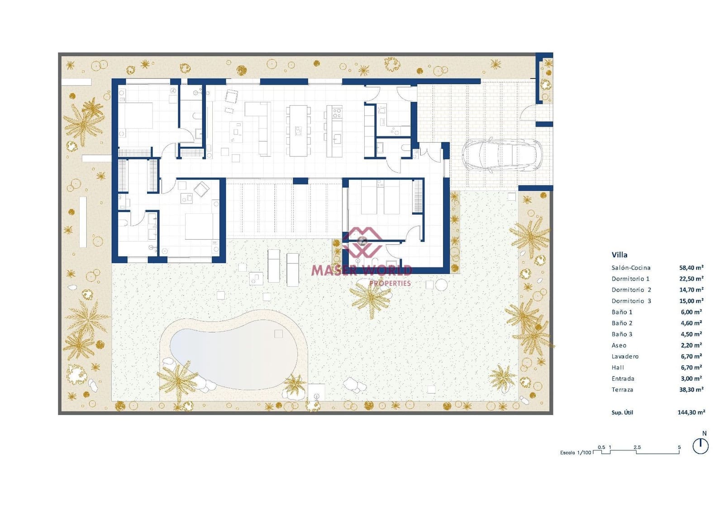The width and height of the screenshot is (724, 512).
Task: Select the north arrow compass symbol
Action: [x=700, y=446]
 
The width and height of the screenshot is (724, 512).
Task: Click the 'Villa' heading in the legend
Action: [x=619, y=255]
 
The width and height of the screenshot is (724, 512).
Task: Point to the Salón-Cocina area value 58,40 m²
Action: [x=691, y=268]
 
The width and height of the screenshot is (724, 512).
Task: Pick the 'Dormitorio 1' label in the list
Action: [x=630, y=279]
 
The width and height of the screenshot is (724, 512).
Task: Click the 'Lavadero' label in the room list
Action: [x=625, y=357]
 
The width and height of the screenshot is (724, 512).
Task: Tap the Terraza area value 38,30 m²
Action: [x=691, y=390]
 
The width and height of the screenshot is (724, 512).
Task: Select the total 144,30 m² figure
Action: [x=691, y=413]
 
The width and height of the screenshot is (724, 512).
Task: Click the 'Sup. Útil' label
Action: [x=622, y=413]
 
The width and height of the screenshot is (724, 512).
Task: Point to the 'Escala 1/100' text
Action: [x=576, y=453]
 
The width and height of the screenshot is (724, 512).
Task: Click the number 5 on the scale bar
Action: [x=679, y=448]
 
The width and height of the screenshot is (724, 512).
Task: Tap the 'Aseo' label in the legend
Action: [x=619, y=346]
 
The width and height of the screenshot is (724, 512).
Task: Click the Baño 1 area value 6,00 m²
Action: [x=691, y=312]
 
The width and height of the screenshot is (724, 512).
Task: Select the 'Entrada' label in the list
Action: [x=623, y=379]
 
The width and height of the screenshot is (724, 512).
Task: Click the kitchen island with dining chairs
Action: [x=298, y=131]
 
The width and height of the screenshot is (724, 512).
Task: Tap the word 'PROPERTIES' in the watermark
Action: [x=390, y=284]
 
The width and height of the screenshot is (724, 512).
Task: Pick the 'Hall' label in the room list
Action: [x=618, y=368]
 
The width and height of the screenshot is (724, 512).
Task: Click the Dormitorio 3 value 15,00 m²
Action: [x=691, y=301]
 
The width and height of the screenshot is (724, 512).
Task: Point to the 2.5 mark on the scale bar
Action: [x=637, y=448]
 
